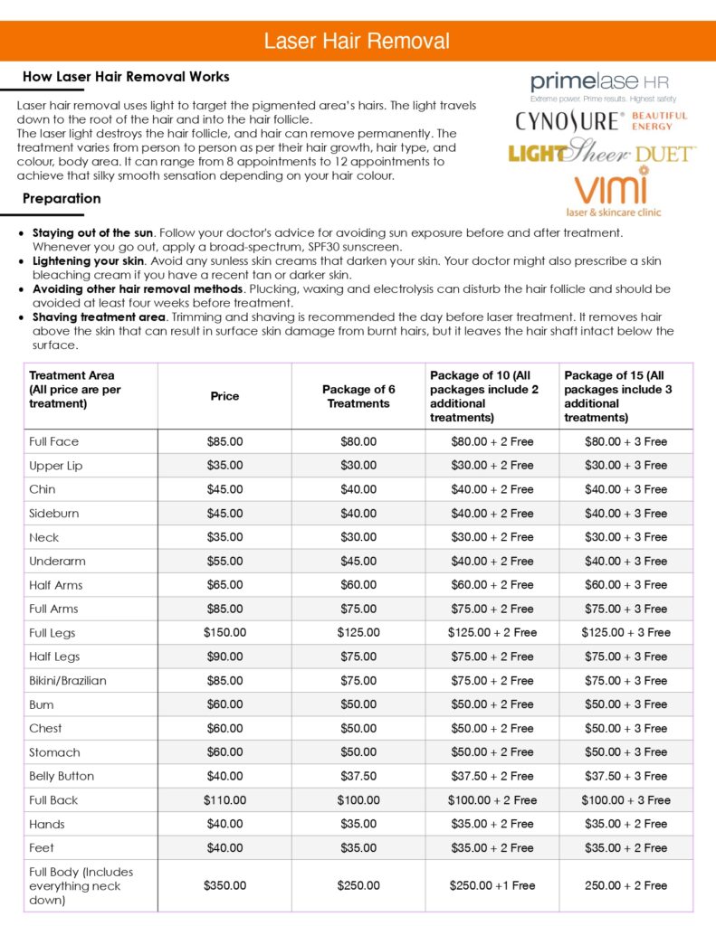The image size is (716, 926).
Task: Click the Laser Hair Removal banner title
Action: tap(357, 42)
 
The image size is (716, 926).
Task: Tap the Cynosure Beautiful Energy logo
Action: tap(601, 121)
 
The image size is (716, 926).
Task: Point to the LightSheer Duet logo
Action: tap(601, 153)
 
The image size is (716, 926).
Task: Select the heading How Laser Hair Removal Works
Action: tap(126, 77)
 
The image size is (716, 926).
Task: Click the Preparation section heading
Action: tap(62, 199)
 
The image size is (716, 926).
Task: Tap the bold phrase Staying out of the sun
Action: tap(93, 232)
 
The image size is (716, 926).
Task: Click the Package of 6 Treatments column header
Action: tap(358, 396)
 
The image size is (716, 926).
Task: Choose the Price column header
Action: tap(224, 396)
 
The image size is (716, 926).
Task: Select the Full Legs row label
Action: tap(53, 633)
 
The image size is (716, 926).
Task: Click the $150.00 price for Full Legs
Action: tap(224, 633)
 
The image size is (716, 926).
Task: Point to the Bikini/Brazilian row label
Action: tap(68, 681)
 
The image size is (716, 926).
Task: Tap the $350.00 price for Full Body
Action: tap(224, 886)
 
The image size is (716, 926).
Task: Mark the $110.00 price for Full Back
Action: tap(224, 800)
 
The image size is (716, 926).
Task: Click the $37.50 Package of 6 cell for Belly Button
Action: tap(358, 776)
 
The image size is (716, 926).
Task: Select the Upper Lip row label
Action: tap(55, 466)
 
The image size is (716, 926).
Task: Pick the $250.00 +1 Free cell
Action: tap(492, 886)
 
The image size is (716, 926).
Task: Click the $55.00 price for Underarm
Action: tap(224, 562)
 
